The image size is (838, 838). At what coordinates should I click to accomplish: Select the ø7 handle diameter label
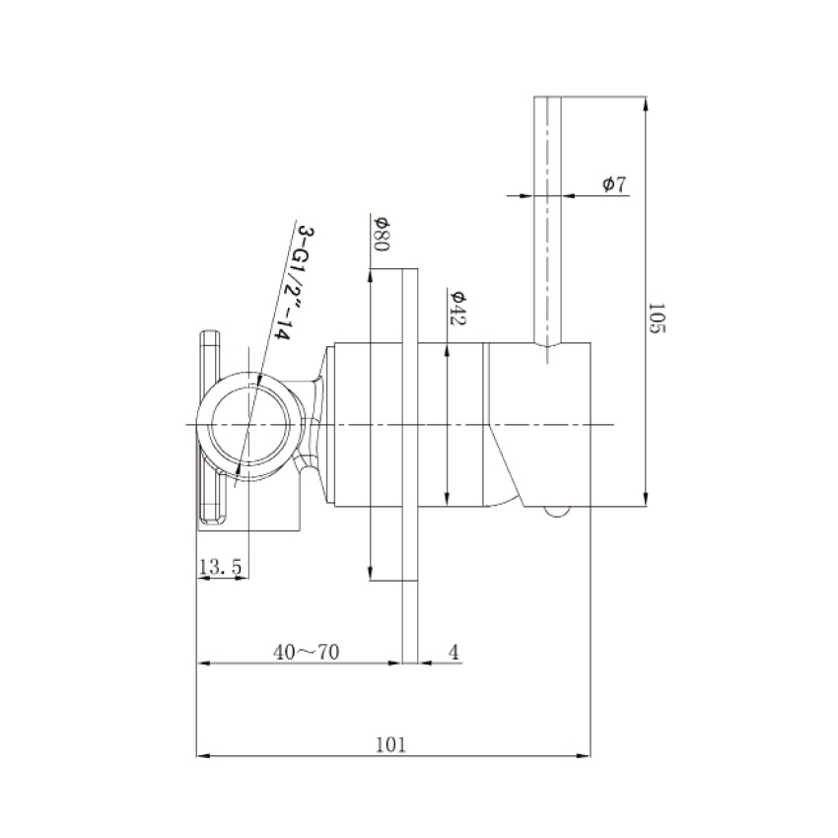pyautogui.click(x=613, y=183)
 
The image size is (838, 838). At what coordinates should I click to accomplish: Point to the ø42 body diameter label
pyautogui.click(x=457, y=307)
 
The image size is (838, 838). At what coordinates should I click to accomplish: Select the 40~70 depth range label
pyautogui.click(x=307, y=651)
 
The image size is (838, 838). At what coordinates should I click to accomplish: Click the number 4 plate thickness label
pyautogui.click(x=454, y=651)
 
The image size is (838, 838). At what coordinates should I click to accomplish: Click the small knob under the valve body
pyautogui.click(x=556, y=511)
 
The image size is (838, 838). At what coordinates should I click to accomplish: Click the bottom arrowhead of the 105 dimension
pyautogui.click(x=646, y=498)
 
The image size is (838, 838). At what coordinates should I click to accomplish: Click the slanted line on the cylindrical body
pyautogui.click(x=506, y=463)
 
